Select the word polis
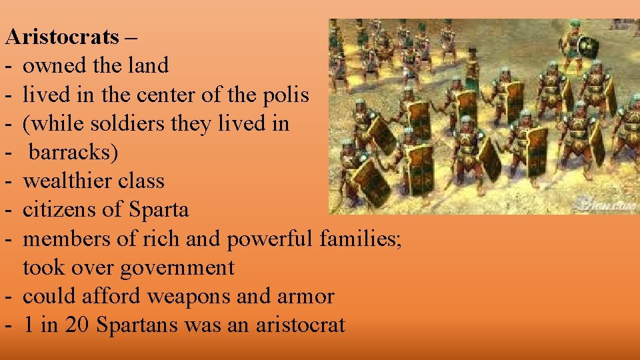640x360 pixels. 287,95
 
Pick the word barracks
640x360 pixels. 73,153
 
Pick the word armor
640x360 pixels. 305,297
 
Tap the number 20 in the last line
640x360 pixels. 79,325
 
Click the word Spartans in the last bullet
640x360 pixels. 138,325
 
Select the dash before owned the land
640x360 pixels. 9,65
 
